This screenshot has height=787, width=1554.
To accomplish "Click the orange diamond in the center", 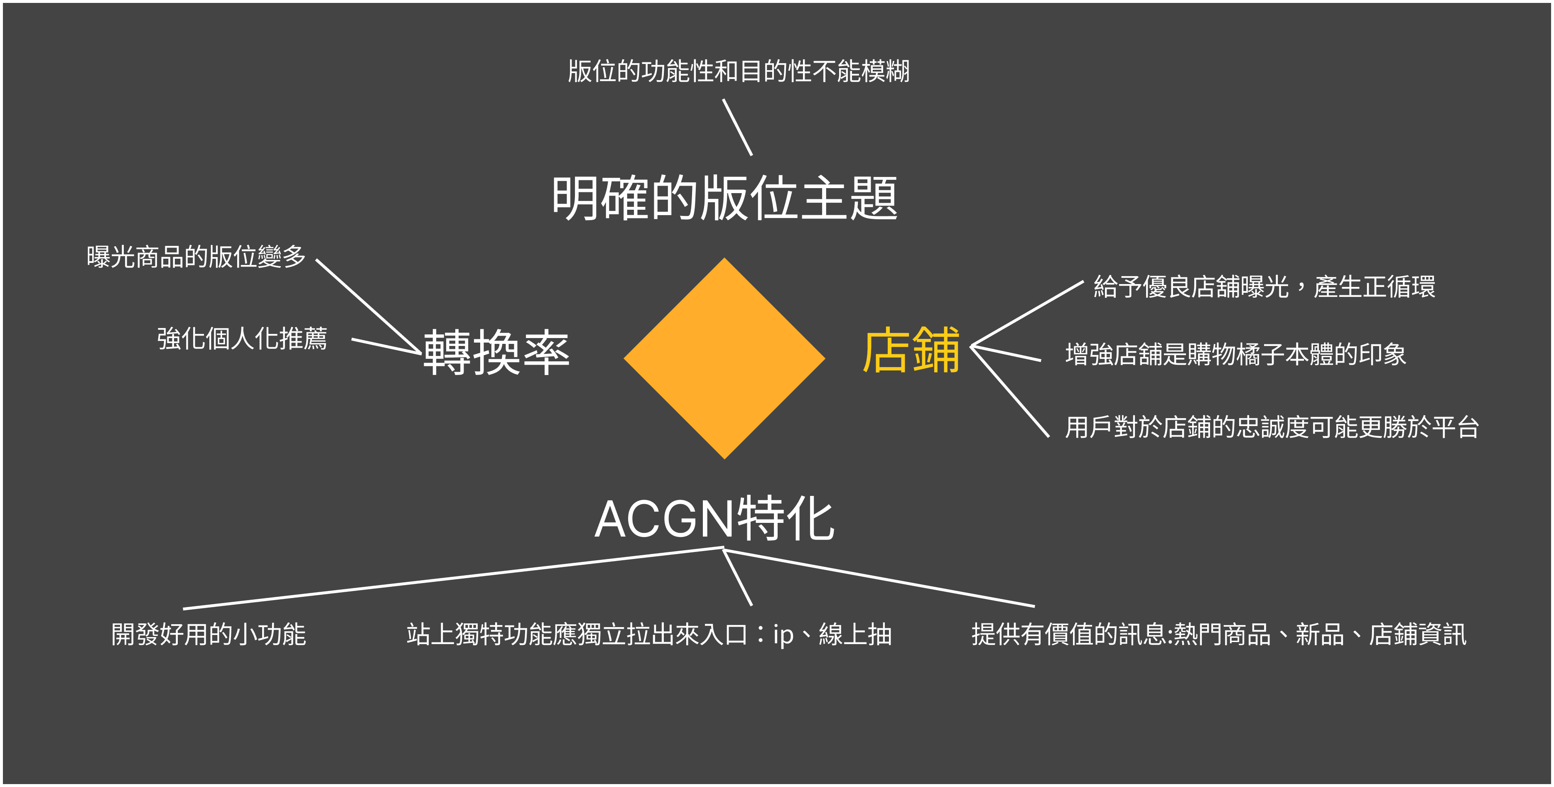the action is click(724, 358).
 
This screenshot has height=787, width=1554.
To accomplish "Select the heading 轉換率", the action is click(496, 352).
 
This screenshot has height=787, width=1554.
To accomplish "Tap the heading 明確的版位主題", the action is click(724, 198).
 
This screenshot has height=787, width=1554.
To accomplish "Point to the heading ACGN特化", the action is click(714, 519).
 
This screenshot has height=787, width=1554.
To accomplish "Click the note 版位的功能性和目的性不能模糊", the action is click(739, 71).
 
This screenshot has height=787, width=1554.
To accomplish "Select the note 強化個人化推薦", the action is click(242, 338).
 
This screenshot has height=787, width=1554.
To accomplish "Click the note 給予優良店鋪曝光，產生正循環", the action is click(1264, 287).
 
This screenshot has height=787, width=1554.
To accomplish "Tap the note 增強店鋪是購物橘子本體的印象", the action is click(1235, 354).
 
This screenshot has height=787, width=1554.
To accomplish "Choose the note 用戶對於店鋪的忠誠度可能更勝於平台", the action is click(1272, 427).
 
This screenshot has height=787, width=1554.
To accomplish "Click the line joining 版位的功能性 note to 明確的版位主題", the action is click(737, 127).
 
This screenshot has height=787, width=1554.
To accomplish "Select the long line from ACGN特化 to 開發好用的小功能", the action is click(452, 579).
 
